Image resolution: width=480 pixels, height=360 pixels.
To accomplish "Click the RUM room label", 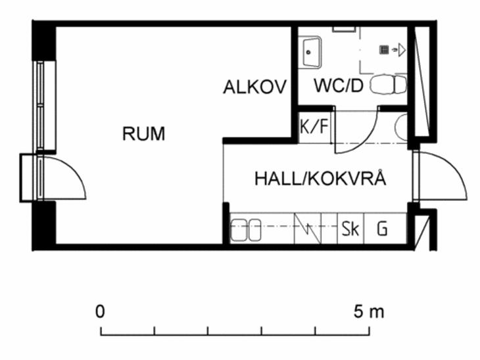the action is click(143, 133).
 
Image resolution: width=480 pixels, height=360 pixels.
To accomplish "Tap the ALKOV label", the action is click(255, 87).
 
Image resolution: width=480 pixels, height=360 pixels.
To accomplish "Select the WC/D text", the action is click(339, 85).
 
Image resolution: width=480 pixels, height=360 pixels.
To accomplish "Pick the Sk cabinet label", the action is click(350, 229).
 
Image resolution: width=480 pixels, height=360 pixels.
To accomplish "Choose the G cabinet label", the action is click(382, 229).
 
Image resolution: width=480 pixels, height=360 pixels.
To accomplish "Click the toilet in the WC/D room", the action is click(388, 85).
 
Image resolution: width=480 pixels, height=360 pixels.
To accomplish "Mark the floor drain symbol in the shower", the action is click(384, 49).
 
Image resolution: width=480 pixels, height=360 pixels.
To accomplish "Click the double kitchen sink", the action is click(245, 230).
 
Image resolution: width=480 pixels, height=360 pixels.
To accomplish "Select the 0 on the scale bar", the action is click(100, 311).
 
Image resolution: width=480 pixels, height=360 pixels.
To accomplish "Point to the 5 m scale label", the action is click(369, 311).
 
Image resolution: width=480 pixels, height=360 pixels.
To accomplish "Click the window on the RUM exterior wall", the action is click(40, 106).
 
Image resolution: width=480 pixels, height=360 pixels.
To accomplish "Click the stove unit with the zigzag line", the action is click(307, 229).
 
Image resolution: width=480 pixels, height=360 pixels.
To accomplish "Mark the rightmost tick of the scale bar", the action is click(369, 331).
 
